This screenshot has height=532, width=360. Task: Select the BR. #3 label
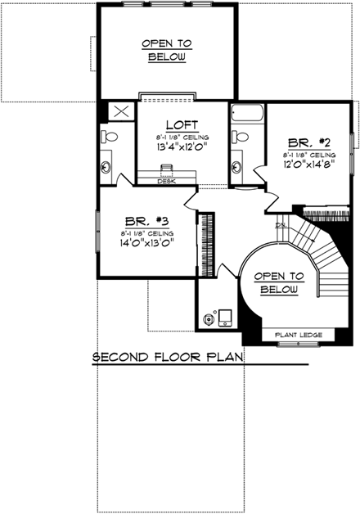(x=147, y=221)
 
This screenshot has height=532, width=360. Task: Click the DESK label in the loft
(x=168, y=181)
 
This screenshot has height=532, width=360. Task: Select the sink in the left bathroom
(x=106, y=167)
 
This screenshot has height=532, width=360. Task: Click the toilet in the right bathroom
(x=239, y=137)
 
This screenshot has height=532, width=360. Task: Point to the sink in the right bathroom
(x=238, y=167)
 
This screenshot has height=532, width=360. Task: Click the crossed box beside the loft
(x=121, y=111)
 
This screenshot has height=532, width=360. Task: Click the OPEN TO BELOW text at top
(x=167, y=50)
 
